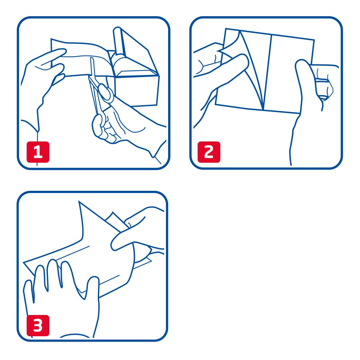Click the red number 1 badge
point(38,152)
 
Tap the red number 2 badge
point(209,152)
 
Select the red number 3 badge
point(38,325)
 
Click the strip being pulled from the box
point(80,59)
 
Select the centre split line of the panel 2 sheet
point(267,73)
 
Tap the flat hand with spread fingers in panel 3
point(62,298)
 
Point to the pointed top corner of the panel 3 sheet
point(79,201)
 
